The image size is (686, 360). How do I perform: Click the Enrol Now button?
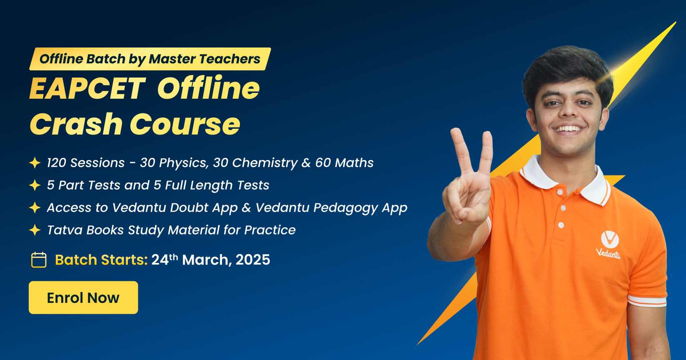pos(83,297)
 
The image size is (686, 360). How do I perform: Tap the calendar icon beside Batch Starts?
pos(39,260)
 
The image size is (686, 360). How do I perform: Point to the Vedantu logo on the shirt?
pos(609,244)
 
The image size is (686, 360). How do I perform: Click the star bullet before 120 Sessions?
pos(35,163)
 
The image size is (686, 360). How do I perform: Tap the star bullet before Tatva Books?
pos(35,230)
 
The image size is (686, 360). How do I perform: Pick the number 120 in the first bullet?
pos(56,163)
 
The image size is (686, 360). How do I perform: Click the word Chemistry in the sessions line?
pos(265,163)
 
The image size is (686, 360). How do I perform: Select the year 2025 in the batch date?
pos(253,260)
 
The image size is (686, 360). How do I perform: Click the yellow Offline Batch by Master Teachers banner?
pos(150,59)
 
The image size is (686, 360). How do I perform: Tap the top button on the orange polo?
pos(560,192)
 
